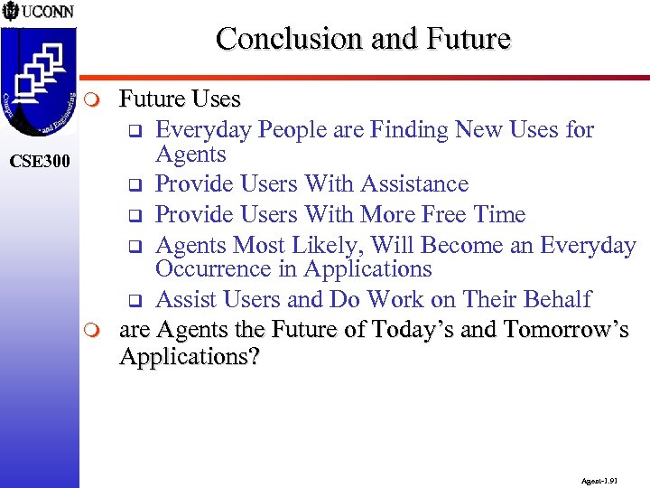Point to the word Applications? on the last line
[x=190, y=357]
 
